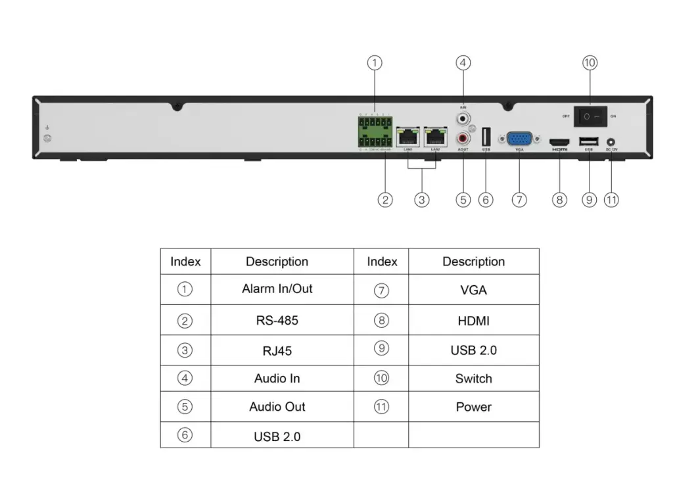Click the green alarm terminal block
(x=375, y=132)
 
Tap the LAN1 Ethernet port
(x=409, y=136)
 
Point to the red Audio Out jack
(x=464, y=139)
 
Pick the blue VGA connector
(x=519, y=138)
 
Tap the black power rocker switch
(x=590, y=116)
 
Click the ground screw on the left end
(x=47, y=138)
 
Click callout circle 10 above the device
(x=590, y=63)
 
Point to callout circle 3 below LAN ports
(x=422, y=200)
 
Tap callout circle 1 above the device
(x=374, y=63)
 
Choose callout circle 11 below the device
(x=611, y=200)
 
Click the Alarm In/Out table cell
(x=277, y=289)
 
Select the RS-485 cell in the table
(x=277, y=321)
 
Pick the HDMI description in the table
(x=473, y=321)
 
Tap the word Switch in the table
(x=473, y=379)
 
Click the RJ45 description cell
(x=277, y=350)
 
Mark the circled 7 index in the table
(x=382, y=290)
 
